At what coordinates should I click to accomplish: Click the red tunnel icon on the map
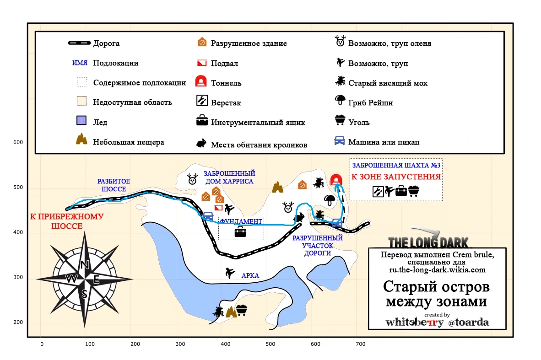(335, 180)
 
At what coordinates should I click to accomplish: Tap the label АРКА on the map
(250, 275)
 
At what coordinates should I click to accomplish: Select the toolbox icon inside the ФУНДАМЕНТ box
(240, 232)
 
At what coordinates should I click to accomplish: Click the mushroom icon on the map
(330, 199)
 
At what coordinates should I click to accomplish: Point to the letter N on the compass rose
(85, 265)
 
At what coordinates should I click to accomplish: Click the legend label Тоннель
(226, 83)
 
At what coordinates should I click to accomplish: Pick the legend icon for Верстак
(202, 101)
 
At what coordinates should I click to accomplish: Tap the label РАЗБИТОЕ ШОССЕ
(114, 185)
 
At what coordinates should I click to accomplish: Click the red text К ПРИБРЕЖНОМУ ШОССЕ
(67, 221)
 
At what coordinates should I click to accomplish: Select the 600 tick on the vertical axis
(18, 142)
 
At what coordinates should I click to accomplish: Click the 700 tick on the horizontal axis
(360, 344)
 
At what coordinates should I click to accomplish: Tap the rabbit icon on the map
(299, 217)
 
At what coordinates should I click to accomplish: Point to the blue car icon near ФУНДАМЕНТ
(208, 216)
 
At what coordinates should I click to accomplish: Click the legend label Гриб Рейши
(370, 103)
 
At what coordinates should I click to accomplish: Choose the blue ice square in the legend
(81, 120)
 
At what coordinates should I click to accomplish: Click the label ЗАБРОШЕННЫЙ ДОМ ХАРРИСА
(229, 177)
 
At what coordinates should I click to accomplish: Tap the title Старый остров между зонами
(436, 294)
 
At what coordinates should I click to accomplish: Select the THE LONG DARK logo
(428, 242)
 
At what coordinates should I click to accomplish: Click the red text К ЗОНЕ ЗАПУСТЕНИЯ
(396, 177)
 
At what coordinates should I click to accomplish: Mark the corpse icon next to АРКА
(230, 273)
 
